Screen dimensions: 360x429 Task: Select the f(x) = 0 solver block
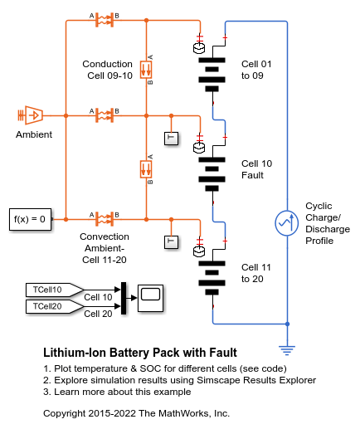31,219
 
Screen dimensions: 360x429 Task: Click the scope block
150,298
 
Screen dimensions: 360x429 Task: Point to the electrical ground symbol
287,350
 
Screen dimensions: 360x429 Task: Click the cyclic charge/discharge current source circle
287,223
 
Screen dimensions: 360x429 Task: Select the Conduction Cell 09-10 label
108,70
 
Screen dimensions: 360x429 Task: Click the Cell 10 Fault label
256,169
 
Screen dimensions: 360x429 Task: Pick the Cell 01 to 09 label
256,70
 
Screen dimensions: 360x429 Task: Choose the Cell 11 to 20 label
256,273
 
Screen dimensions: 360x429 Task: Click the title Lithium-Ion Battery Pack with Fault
140,353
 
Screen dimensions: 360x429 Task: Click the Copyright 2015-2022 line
136,413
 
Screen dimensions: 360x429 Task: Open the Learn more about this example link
117,392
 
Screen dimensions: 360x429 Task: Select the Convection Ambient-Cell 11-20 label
105,248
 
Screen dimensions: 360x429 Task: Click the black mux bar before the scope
124,298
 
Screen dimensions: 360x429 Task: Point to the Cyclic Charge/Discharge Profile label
328,223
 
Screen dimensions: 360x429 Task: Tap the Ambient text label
34,134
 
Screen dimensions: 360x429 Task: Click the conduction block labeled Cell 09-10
146,70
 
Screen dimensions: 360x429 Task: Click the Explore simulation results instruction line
179,380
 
